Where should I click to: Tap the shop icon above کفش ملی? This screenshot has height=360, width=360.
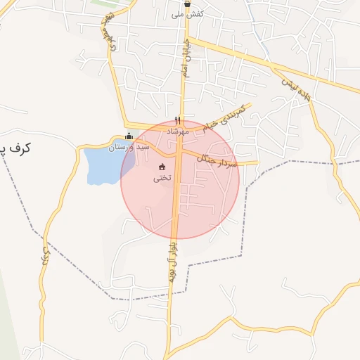(187, 4)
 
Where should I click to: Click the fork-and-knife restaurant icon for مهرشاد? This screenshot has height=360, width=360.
(177, 120)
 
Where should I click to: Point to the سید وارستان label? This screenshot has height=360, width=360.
(129, 148)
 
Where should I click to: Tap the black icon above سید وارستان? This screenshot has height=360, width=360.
(127, 137)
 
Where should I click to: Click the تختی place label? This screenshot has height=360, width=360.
(162, 179)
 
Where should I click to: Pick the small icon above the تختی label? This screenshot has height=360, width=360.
(162, 167)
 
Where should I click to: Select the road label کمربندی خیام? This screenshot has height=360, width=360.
(225, 117)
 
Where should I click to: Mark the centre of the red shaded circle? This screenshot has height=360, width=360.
(180, 179)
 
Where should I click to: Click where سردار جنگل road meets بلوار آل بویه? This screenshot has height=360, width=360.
(179, 151)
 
